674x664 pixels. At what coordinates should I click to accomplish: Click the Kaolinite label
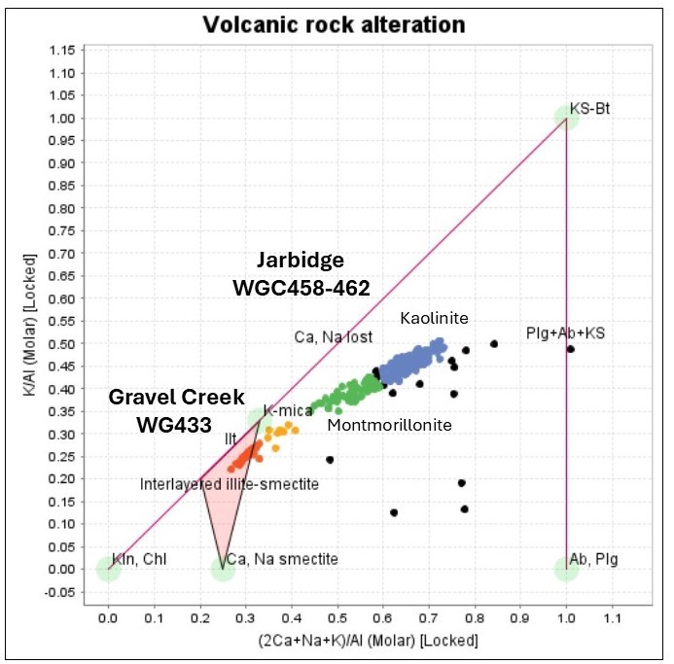[x=435, y=318]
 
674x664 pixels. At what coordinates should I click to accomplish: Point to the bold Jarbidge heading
[x=301, y=261]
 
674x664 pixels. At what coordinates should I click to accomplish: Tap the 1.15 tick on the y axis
[x=65, y=50]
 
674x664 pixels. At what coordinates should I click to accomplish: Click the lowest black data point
[x=394, y=512]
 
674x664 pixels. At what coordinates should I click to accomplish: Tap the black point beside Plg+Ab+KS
[x=571, y=349]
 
